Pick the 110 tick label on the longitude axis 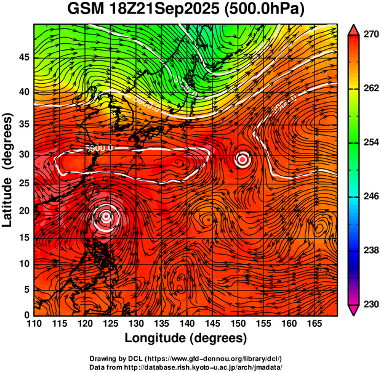point(34,324)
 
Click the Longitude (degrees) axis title point(185,338)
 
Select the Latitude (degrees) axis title point(8,170)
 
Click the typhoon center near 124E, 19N point(106,216)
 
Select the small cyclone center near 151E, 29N point(243,160)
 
